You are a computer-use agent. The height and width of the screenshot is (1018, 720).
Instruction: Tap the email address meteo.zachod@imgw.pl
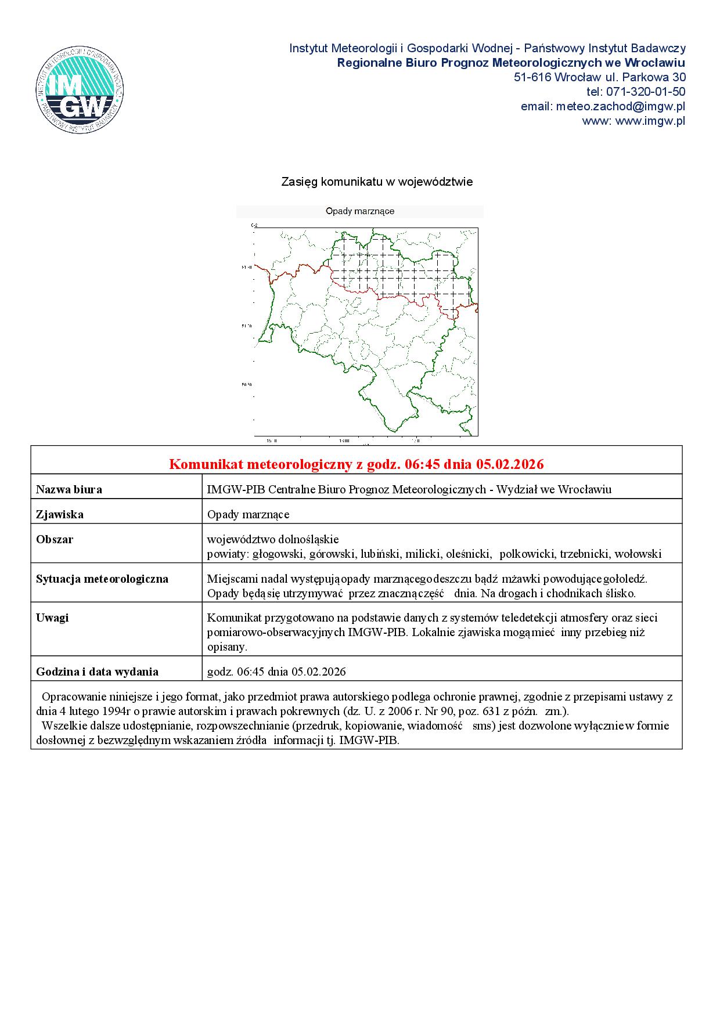click(x=621, y=106)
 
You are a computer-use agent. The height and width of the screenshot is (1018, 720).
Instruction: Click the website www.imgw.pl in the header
click(x=650, y=121)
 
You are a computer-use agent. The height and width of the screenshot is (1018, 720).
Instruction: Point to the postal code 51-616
click(x=532, y=77)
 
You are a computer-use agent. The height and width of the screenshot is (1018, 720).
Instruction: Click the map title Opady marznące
click(x=360, y=212)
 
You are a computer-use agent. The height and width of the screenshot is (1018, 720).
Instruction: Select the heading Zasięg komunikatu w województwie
click(x=377, y=182)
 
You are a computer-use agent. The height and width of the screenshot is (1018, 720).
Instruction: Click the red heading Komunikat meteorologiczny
click(x=356, y=464)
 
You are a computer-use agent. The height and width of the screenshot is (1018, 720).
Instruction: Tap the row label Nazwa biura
click(x=69, y=489)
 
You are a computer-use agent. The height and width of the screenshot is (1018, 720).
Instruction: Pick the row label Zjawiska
click(x=59, y=514)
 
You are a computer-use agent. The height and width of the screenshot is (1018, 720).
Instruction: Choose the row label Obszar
click(x=55, y=539)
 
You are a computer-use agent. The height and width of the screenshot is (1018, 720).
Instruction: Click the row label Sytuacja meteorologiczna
click(x=102, y=579)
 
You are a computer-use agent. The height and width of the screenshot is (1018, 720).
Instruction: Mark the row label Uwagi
click(x=52, y=618)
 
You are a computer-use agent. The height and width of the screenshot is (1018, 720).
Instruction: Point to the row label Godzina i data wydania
click(x=97, y=672)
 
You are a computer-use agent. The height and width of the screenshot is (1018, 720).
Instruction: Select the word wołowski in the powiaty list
click(x=638, y=554)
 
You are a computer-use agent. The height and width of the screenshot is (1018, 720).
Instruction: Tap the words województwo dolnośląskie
click(x=273, y=539)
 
